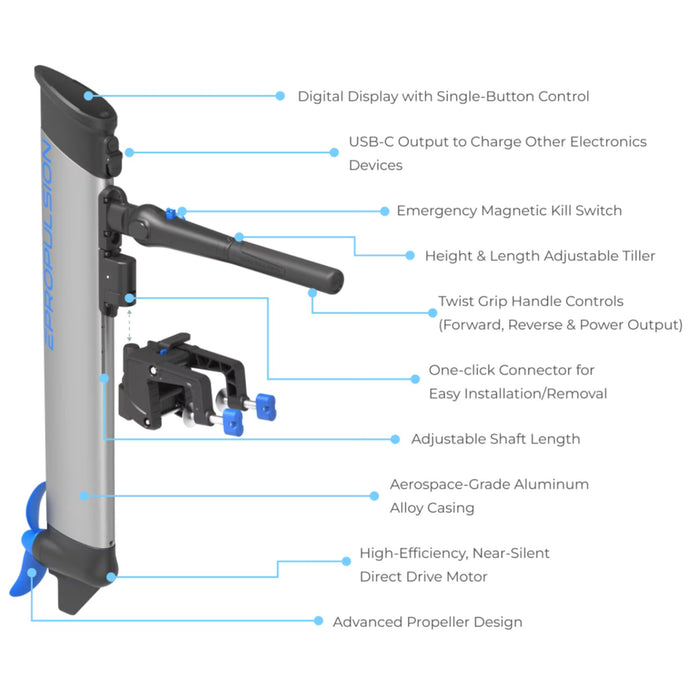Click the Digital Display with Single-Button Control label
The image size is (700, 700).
click(x=443, y=97)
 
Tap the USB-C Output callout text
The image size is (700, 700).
click(x=497, y=153)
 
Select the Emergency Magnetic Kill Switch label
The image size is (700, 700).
click(x=509, y=211)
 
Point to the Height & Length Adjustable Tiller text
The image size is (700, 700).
click(x=540, y=256)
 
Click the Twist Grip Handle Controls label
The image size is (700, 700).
click(x=560, y=313)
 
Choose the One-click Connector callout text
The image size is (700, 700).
click(x=518, y=381)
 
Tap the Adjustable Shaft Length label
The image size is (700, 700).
click(x=495, y=439)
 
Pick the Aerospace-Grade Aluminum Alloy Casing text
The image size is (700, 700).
click(x=489, y=496)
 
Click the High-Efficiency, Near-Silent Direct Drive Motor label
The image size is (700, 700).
click(x=454, y=565)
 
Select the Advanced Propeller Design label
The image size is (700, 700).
click(x=427, y=622)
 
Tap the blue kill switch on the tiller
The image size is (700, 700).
click(x=173, y=211)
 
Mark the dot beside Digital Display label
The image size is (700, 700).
click(x=281, y=97)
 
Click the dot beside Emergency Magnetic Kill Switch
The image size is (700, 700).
click(x=385, y=211)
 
